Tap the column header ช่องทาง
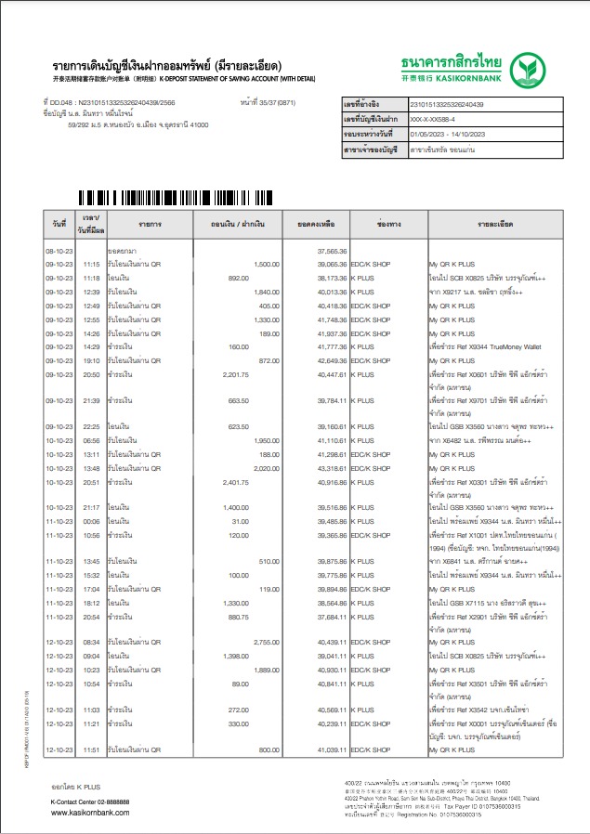pos(387,225)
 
